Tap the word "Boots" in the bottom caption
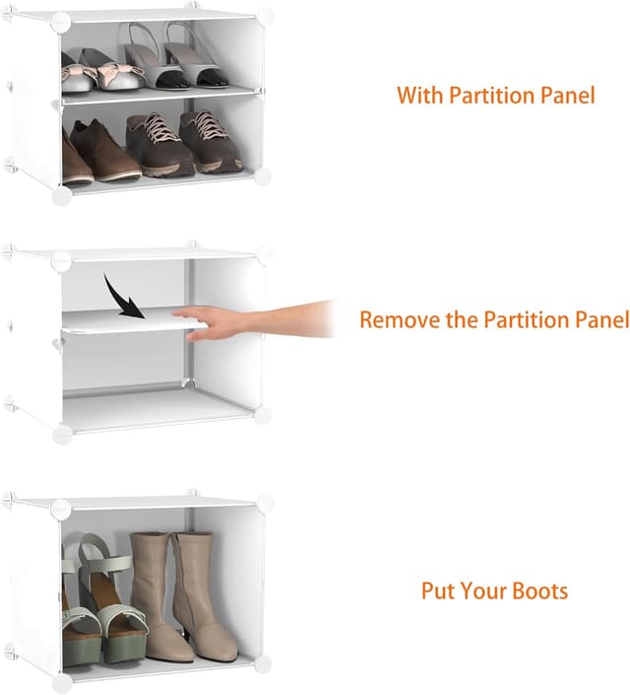(x=540, y=591)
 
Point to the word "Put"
(x=439, y=591)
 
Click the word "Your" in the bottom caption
(x=485, y=591)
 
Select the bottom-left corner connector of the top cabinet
(x=61, y=195)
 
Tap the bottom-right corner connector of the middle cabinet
(x=262, y=415)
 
